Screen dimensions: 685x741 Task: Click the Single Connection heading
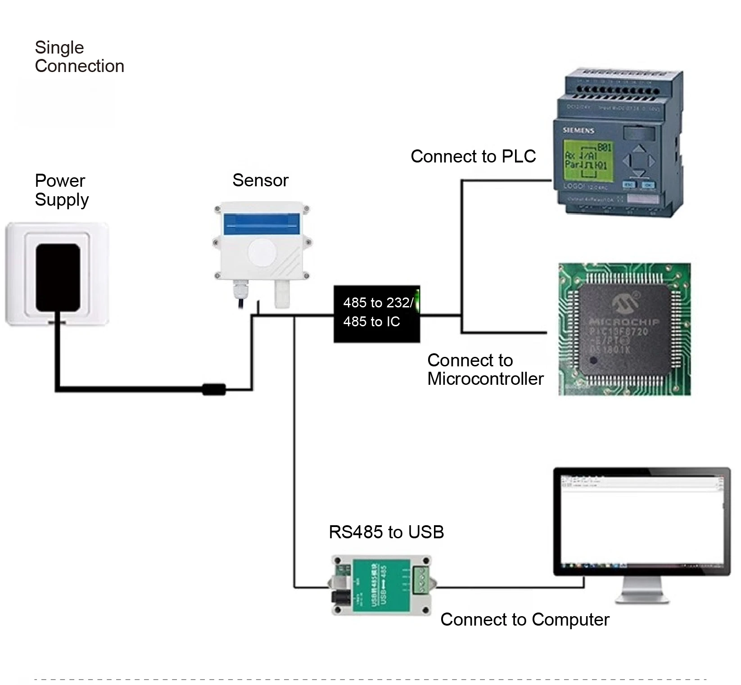[x=79, y=57]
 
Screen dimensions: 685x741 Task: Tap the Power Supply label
[x=62, y=190]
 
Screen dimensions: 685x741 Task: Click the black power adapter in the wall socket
[x=58, y=277]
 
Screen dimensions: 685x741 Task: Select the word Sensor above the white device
[x=260, y=180]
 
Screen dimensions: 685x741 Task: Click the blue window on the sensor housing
[x=262, y=224]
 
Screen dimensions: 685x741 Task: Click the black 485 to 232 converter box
[x=376, y=314]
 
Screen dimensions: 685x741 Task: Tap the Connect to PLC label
[x=473, y=156]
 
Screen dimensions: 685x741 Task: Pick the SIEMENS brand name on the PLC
[x=578, y=131]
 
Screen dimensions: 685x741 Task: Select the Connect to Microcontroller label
[x=485, y=370]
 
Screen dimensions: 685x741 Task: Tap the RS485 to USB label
[x=386, y=532]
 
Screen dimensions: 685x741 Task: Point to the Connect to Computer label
[x=524, y=620]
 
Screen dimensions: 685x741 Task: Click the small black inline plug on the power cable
[x=214, y=389]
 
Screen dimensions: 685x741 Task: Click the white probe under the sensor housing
[x=282, y=293]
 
